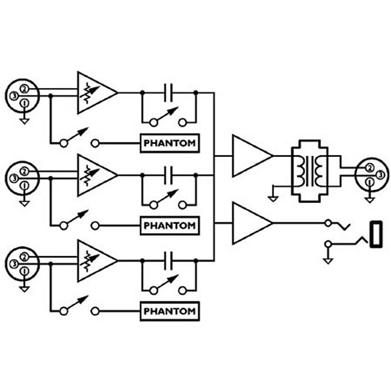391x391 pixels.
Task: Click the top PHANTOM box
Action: coord(170,143)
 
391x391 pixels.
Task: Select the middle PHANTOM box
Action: coord(170,226)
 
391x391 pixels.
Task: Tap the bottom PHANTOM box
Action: coord(170,311)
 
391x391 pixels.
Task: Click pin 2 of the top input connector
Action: coord(24,89)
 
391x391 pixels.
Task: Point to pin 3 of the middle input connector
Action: coord(14,178)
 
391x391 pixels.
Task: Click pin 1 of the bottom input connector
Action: coord(24,271)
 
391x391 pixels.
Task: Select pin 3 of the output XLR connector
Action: coord(380,175)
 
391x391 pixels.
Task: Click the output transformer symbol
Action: coord(310,171)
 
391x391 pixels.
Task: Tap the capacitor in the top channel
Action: coord(168,93)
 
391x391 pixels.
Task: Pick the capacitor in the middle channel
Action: coord(168,175)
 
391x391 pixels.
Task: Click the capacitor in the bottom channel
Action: coord(168,261)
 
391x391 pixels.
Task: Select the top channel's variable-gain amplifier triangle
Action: coord(97,93)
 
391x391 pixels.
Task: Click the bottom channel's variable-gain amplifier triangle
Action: coord(97,261)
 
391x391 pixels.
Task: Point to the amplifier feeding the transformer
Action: coord(253,156)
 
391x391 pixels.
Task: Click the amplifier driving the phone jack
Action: coord(253,223)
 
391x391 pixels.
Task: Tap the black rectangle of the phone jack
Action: coord(376,234)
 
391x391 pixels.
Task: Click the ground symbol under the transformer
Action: coord(273,199)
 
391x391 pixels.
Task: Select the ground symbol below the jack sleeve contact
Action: coord(328,261)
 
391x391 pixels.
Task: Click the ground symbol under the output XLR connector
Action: coord(369,200)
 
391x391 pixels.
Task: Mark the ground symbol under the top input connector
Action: coord(24,121)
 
